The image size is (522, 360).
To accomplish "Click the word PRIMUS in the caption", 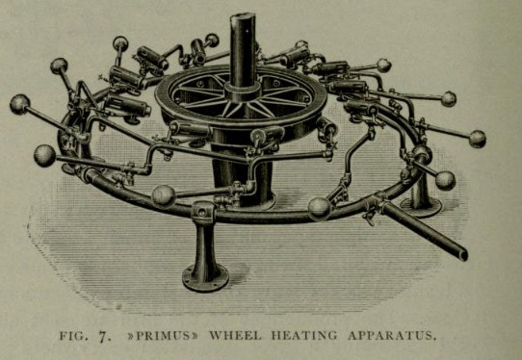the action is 163,335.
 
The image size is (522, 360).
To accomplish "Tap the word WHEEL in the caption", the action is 235,335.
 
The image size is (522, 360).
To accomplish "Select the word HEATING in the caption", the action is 304,335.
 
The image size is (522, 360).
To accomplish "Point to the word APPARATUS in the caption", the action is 391,335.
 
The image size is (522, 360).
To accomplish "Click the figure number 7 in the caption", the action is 104,336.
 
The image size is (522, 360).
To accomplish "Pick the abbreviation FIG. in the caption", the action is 74,335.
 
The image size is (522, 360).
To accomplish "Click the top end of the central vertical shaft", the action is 243,16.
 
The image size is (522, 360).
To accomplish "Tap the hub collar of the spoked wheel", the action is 242,90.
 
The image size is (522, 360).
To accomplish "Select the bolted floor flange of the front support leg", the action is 205,278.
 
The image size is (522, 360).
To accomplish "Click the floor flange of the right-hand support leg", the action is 421,206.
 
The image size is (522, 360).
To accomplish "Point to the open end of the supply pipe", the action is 463,255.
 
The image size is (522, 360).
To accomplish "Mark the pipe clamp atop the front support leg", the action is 203,212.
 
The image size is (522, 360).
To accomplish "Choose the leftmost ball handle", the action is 19,104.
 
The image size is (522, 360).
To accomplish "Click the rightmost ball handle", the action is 478,139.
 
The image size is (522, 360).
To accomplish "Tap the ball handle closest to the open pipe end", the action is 445,181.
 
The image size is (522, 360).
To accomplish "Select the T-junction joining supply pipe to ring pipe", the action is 376,200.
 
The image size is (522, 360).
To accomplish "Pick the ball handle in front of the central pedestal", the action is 164,195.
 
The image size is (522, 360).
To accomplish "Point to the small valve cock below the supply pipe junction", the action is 370,217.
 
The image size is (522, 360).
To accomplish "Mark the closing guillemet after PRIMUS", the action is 195,335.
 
